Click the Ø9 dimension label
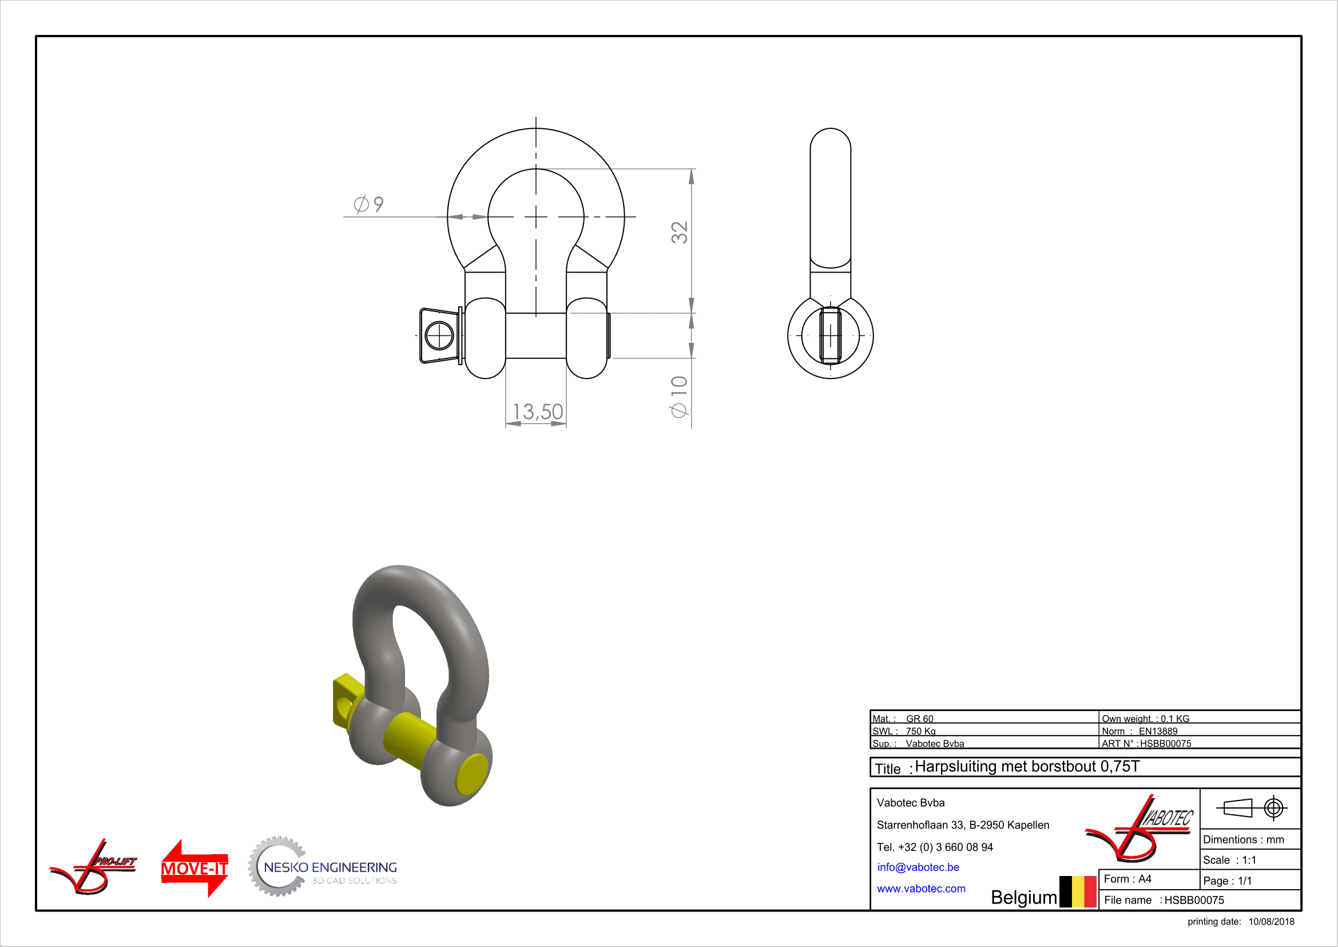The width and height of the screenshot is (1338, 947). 368,204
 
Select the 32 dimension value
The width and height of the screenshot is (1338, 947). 680,232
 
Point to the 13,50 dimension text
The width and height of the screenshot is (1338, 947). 537,412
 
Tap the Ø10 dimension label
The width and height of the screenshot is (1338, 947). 680,397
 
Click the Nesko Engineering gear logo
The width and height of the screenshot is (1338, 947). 322,867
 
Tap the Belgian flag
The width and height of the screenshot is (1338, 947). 1078,891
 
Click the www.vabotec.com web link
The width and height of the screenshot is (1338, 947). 921,889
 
